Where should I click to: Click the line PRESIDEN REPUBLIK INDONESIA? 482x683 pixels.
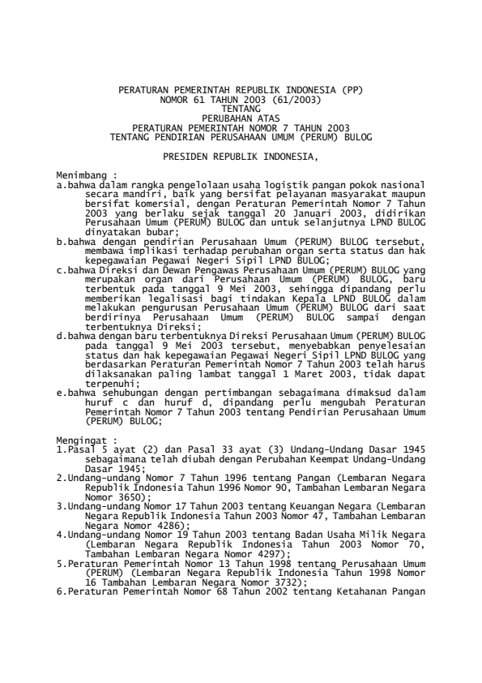point(241,153)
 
